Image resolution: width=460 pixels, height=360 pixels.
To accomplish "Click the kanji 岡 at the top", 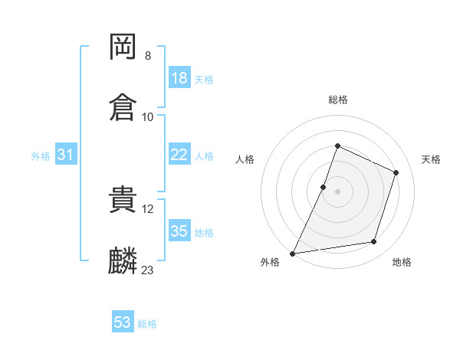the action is (x=123, y=47).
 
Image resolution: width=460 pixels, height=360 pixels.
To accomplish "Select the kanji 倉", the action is (x=123, y=107).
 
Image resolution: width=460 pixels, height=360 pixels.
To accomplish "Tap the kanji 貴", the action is (x=123, y=199).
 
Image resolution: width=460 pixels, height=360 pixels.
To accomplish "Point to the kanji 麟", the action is (x=123, y=260).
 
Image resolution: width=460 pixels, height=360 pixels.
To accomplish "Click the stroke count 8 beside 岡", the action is (x=148, y=56).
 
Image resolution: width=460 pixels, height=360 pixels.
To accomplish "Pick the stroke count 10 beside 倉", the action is (x=147, y=117).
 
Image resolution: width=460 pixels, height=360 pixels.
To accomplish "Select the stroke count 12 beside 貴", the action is (x=147, y=209).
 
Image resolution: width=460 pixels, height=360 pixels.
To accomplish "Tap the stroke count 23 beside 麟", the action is (x=147, y=270).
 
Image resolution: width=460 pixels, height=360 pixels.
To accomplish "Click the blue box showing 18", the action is (x=179, y=77).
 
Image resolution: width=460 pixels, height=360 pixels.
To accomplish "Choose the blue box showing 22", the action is (x=179, y=154).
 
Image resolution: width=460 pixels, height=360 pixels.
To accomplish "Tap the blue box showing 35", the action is (x=179, y=230).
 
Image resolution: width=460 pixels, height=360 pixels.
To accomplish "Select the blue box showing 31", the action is (x=66, y=154).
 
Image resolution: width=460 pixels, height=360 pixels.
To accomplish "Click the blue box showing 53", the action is (x=123, y=321).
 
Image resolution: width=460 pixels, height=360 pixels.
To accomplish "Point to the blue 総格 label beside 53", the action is (x=147, y=324).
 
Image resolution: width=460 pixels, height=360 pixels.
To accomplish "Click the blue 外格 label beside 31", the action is (x=41, y=156).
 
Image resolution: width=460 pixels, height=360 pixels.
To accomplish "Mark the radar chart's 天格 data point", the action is (x=396, y=172).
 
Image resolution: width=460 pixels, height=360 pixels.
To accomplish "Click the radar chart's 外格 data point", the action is (x=292, y=254).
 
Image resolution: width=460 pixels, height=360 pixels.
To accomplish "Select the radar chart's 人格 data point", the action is (x=323, y=188).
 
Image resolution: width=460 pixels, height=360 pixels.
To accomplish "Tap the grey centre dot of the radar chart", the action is (x=337, y=192).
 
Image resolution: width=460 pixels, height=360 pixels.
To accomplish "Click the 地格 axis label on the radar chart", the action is (x=402, y=262).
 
